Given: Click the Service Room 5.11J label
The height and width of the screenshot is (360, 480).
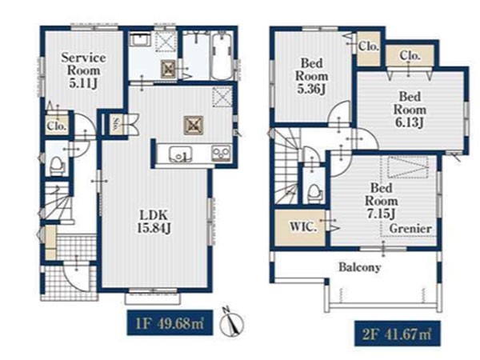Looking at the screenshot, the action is pos(83,70).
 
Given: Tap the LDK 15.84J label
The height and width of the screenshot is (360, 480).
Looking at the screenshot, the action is pos(154,222).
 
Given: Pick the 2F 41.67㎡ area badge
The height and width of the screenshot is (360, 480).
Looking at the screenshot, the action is pos(398,334).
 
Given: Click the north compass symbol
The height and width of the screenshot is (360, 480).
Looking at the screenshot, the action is pos(232,322).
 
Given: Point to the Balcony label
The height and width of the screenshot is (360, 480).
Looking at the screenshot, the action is pos(360,267).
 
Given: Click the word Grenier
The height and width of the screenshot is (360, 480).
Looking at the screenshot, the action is pos(410,229).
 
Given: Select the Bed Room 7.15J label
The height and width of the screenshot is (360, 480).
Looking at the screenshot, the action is pos(382,201).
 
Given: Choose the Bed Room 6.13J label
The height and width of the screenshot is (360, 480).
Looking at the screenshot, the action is pos(410,110).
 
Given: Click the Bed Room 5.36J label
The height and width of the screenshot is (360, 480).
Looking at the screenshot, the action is pos(312,76).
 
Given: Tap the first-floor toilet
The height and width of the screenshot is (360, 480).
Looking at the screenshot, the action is pos(57,166).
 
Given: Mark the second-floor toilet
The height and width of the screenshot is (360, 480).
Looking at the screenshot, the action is pos(314,194).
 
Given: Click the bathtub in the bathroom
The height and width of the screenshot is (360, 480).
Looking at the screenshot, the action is pos(222,56).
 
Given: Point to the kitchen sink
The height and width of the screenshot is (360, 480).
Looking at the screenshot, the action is pos(181,154).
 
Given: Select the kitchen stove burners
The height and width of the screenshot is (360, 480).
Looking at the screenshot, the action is pos(222,153).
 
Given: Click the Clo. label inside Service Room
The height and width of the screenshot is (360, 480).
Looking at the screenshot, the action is pos(57,126).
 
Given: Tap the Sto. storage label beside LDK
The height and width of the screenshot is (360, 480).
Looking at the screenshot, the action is pos(117,125).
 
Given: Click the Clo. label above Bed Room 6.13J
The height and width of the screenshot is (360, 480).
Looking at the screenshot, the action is pos(410,55).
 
